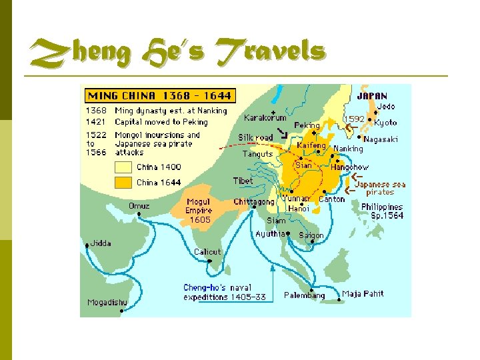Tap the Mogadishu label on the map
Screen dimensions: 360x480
pyautogui.click(x=107, y=303)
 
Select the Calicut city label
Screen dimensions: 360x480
pyautogui.click(x=207, y=252)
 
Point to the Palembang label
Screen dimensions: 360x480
pyautogui.click(x=305, y=295)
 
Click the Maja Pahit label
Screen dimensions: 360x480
pyautogui.click(x=363, y=294)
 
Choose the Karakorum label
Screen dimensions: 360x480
pyautogui.click(x=266, y=118)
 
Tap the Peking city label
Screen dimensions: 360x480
pyautogui.click(x=307, y=125)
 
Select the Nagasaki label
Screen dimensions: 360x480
pyautogui.click(x=381, y=139)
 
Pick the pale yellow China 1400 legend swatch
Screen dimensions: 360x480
pyautogui.click(x=123, y=167)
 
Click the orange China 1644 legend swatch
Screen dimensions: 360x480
pyautogui.click(x=123, y=182)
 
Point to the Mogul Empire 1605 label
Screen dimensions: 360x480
pyautogui.click(x=199, y=210)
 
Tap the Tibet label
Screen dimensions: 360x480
pyautogui.click(x=243, y=181)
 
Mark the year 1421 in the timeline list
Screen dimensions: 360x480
pyautogui.click(x=95, y=122)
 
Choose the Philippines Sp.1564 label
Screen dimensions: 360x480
pyautogui.click(x=382, y=211)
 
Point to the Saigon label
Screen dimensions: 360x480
pyautogui.click(x=311, y=235)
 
